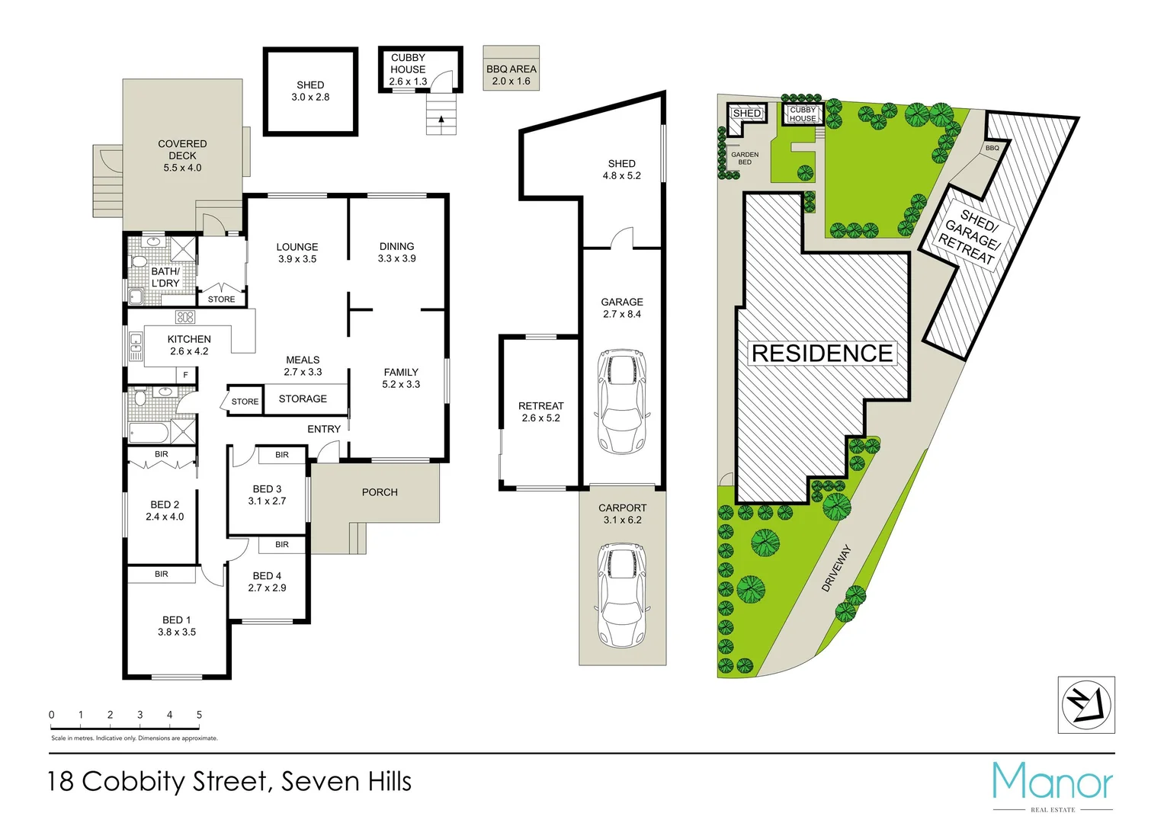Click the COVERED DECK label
pyautogui.click(x=182, y=149)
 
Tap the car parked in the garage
pyautogui.click(x=622, y=401)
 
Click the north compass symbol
pyautogui.click(x=1085, y=705)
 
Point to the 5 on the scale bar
pyautogui.click(x=199, y=715)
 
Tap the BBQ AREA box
pyautogui.click(x=511, y=69)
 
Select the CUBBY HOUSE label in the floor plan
pyautogui.click(x=408, y=63)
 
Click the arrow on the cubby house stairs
pyautogui.click(x=441, y=119)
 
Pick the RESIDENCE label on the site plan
pyautogui.click(x=822, y=354)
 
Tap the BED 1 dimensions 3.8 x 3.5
pyautogui.click(x=177, y=632)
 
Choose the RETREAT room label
pyautogui.click(x=540, y=406)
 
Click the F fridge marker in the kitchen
pyautogui.click(x=185, y=375)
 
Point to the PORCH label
pyautogui.click(x=380, y=492)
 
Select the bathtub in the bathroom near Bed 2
pyautogui.click(x=149, y=433)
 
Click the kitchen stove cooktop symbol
pyautogui.click(x=185, y=317)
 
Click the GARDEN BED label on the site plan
pyautogui.click(x=745, y=158)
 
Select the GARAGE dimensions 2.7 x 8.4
pyautogui.click(x=622, y=314)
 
